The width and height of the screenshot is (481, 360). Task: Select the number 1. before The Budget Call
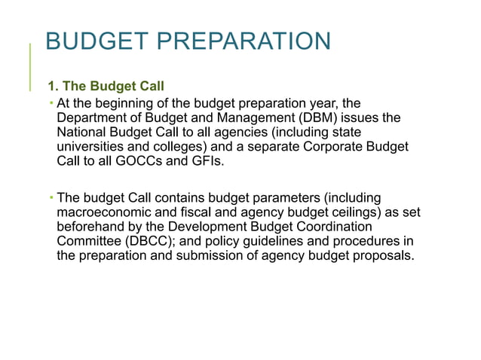[x=54, y=87]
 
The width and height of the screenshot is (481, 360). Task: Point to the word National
[x=81, y=133]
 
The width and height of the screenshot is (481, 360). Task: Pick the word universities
[x=91, y=147]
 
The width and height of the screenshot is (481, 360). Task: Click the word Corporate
[x=337, y=147]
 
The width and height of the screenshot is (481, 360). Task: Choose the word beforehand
[x=92, y=226]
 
